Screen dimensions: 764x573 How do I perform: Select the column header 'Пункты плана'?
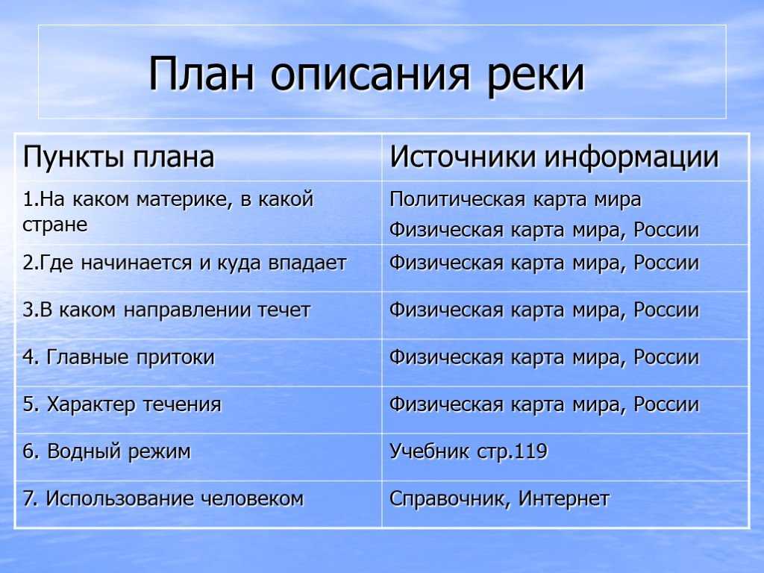point(119,157)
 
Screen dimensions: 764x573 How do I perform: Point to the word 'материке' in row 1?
point(184,200)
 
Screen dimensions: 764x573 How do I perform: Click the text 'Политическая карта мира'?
point(515,200)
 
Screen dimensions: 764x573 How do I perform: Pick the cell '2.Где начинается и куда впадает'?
point(184,263)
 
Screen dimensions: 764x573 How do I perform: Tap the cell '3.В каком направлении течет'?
point(166,310)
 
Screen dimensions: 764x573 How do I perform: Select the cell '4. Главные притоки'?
point(119,357)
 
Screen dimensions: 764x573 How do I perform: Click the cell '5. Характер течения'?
point(122,405)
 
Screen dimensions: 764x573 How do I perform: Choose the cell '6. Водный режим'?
point(106,451)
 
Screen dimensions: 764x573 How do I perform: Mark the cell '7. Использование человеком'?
point(163,499)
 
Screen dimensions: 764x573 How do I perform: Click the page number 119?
point(531,451)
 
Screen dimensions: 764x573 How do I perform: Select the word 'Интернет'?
point(564,499)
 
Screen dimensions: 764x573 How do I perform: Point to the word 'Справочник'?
point(448,499)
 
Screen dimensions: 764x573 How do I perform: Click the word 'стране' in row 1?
point(55,225)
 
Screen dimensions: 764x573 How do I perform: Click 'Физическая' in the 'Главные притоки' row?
point(446,357)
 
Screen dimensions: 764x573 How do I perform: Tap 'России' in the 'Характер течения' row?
point(666,405)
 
